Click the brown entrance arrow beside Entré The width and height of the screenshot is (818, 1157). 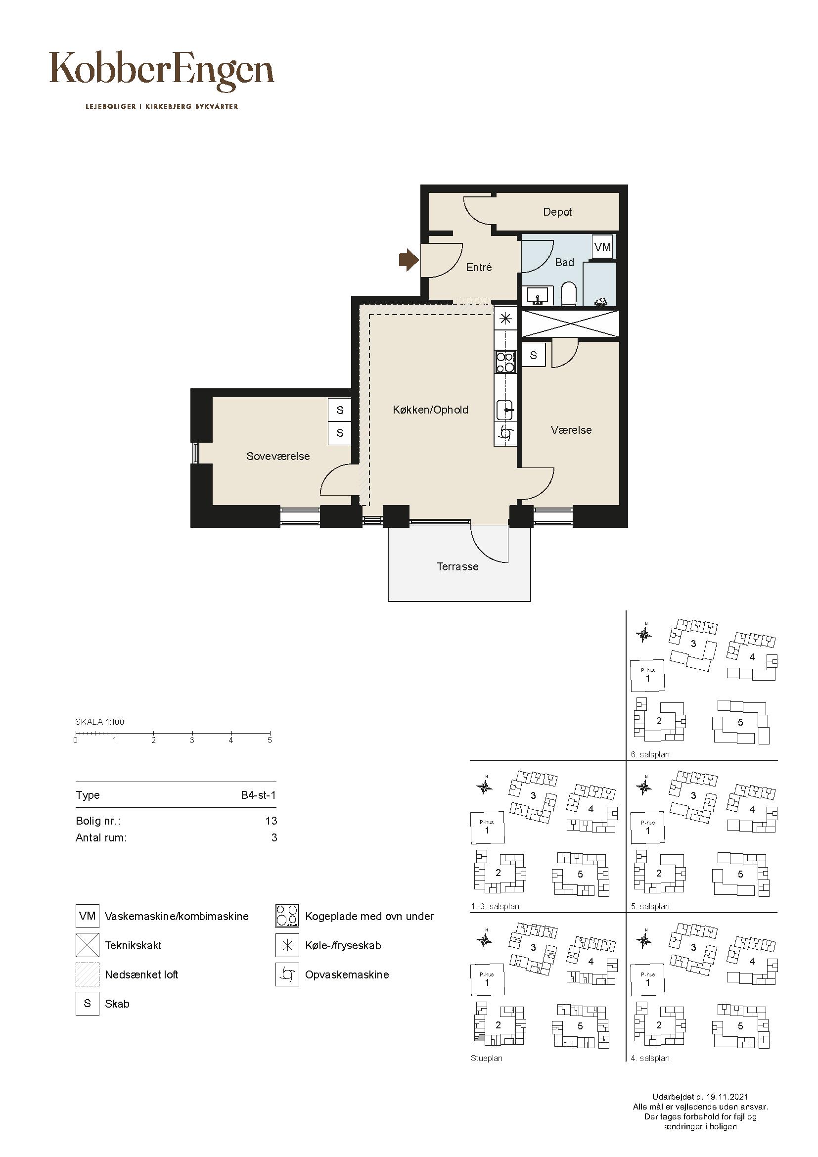coord(409,260)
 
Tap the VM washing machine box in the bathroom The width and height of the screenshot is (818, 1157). coord(602,247)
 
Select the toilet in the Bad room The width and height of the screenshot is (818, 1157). coord(569,294)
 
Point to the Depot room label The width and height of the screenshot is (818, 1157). coord(557,212)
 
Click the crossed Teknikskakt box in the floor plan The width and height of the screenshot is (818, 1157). coord(570,324)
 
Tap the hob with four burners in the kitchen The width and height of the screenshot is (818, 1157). coord(506,362)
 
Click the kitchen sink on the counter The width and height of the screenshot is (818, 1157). coord(505,410)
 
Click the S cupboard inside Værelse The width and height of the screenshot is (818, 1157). coord(533,355)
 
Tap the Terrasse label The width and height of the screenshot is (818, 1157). coord(457,567)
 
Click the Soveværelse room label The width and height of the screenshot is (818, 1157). coord(278,457)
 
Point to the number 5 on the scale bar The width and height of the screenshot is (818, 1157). coord(270,740)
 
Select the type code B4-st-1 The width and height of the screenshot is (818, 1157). coord(258,795)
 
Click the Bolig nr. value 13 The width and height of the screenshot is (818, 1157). coord(271,821)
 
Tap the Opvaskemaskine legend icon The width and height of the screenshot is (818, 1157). coord(287,974)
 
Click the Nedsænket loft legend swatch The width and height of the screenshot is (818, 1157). coord(87,974)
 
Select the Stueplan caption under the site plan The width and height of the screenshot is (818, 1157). coord(487,1059)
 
